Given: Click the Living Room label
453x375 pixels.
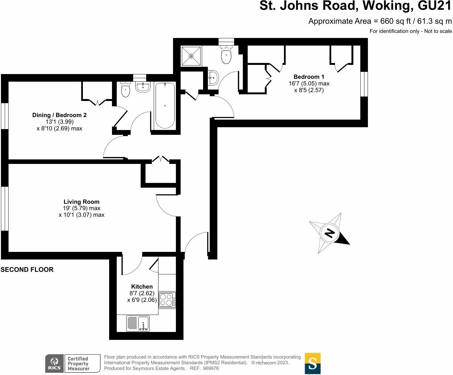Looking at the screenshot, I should point(81,202).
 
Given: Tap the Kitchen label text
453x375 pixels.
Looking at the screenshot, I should point(142,286).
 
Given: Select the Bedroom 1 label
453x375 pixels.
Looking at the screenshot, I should point(309,77).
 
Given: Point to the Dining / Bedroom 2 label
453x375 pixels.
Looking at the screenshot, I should point(59,115).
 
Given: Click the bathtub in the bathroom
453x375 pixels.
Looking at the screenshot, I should point(165,105).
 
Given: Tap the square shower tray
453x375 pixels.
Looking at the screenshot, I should point(191,56).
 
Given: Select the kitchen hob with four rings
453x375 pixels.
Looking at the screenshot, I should point(166,300).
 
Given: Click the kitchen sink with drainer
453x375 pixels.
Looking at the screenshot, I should point(138,323).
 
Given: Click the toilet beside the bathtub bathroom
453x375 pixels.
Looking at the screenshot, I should point(126,90).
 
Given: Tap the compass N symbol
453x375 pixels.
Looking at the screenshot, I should point(330,233).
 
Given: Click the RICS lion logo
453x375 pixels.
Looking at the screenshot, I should point(55,363).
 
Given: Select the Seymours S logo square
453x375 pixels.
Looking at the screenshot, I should point(313,363).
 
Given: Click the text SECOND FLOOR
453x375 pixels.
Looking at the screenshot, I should point(27,270).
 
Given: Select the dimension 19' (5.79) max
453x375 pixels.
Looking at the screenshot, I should point(81,208).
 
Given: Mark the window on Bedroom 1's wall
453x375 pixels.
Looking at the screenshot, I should point(364,84).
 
